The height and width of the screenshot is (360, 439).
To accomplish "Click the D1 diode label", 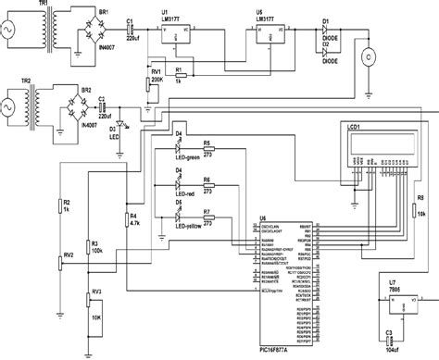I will [x=325, y=19].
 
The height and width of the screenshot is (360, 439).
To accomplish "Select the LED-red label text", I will [x=185, y=193].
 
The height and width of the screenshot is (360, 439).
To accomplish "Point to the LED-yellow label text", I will [x=189, y=226].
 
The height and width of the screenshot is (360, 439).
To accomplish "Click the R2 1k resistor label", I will [x=67, y=206].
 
